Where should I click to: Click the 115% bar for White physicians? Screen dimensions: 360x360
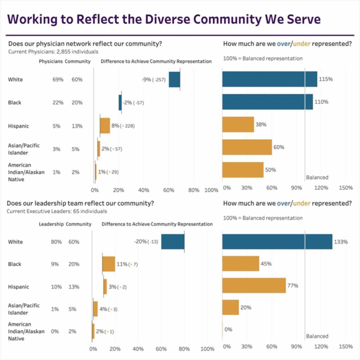click(270, 79)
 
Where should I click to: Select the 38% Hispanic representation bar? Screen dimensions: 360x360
click(238, 124)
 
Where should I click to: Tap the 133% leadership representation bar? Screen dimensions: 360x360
click(277, 242)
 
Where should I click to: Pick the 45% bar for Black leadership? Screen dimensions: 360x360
click(240, 264)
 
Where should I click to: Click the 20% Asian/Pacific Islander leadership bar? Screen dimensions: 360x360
click(231, 307)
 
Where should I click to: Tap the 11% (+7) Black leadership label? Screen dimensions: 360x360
click(127, 264)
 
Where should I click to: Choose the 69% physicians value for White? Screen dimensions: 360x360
click(58, 79)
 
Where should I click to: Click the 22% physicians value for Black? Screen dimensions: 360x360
click(58, 103)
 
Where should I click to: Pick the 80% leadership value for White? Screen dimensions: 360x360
click(56, 242)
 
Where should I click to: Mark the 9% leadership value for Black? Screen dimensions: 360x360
click(56, 264)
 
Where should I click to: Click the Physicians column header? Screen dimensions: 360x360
click(51, 61)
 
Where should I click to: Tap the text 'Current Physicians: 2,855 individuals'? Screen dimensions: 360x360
click(53, 51)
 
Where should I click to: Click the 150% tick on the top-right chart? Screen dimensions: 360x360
click(346, 188)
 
